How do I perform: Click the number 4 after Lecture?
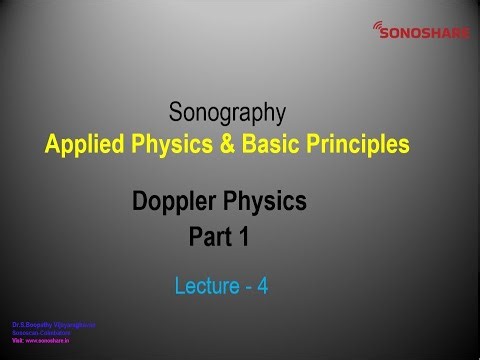[262, 286]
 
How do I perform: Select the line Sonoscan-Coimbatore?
[40, 332]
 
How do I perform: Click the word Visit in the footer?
[17, 339]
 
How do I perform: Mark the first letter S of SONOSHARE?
[386, 33]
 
